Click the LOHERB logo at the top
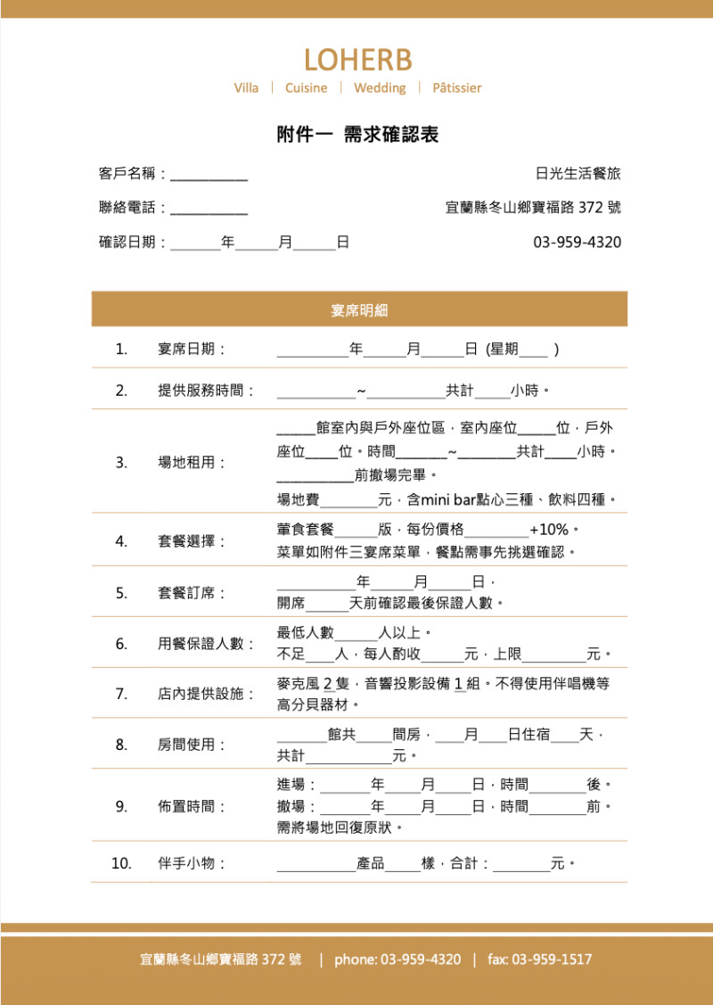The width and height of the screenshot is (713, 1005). tap(357, 60)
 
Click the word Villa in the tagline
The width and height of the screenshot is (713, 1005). tap(246, 88)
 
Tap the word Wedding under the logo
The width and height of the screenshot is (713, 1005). tap(380, 88)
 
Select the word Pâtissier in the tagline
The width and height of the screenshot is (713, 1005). tap(456, 88)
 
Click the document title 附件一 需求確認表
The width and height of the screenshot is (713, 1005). tap(357, 136)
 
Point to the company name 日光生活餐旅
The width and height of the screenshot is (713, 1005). tap(578, 173)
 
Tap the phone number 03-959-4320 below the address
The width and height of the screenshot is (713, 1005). tap(577, 243)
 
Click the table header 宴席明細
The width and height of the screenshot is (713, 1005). tap(359, 310)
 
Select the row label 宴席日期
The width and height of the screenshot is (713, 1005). tap(191, 350)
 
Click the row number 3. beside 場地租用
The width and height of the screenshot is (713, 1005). tap(121, 463)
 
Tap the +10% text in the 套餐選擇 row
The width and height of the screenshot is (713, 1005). tap(548, 530)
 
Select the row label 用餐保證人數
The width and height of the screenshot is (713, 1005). tap(206, 644)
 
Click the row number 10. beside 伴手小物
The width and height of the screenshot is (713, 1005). tap(121, 863)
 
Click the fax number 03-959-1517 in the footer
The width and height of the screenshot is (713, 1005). tap(552, 960)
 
